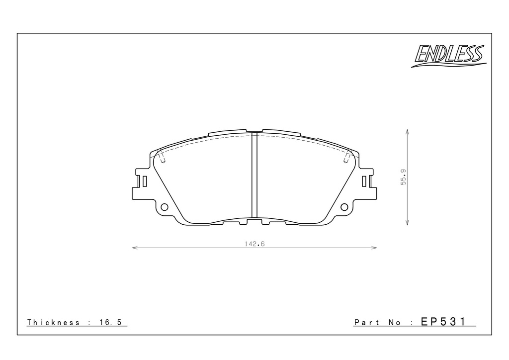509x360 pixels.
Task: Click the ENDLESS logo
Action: tap(449, 56)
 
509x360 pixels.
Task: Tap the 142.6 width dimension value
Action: tap(254, 244)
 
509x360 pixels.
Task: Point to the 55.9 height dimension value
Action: tap(404, 177)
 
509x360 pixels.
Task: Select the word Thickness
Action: tap(53, 322)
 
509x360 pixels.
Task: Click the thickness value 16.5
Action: tap(110, 322)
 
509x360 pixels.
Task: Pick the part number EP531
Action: tap(443, 322)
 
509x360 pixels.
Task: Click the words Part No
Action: tap(377, 322)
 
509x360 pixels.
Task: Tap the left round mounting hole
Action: tap(165, 207)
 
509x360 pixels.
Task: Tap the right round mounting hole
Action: tap(344, 207)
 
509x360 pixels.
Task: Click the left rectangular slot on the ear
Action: tap(145, 181)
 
